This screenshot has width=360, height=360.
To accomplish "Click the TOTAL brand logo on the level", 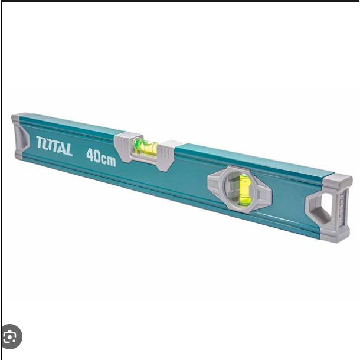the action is (x=54, y=146).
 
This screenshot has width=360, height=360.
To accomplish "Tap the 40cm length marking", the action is (x=102, y=157).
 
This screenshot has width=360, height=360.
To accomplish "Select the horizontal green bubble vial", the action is (x=146, y=146).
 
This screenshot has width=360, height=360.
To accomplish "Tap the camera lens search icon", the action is (x=11, y=336).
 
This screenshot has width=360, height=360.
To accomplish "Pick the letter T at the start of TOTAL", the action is (x=40, y=142).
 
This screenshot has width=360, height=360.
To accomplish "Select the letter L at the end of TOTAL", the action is (x=68, y=150).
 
